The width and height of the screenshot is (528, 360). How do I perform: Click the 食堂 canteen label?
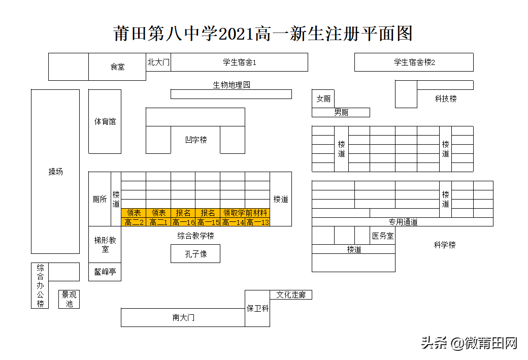(117, 67)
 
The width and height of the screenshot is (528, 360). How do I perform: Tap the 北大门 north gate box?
(158, 62)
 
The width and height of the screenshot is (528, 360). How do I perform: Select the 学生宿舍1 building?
(239, 62)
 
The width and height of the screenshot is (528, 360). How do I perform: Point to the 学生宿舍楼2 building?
(414, 62)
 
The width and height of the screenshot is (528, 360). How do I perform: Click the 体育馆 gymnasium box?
(105, 122)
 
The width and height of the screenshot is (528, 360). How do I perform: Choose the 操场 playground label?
(55, 172)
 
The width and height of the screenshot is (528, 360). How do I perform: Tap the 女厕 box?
(323, 99)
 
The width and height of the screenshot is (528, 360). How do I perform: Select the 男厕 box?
(341, 113)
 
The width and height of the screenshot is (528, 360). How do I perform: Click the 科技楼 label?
(445, 99)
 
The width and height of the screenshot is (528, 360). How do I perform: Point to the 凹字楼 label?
(195, 140)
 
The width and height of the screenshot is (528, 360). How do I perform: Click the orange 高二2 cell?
(134, 222)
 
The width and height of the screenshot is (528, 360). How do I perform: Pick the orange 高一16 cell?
(183, 222)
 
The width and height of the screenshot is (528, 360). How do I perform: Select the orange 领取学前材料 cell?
(245, 213)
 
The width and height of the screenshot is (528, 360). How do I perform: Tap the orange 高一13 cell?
(257, 222)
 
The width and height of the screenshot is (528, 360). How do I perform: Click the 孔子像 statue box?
(195, 253)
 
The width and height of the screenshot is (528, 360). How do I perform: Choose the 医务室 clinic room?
(382, 236)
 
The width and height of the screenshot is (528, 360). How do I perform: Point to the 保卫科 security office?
(257, 308)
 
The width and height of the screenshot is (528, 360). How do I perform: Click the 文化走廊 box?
(291, 294)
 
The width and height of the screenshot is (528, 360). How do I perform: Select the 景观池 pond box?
(70, 299)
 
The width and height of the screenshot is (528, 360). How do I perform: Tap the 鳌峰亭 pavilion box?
(105, 272)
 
